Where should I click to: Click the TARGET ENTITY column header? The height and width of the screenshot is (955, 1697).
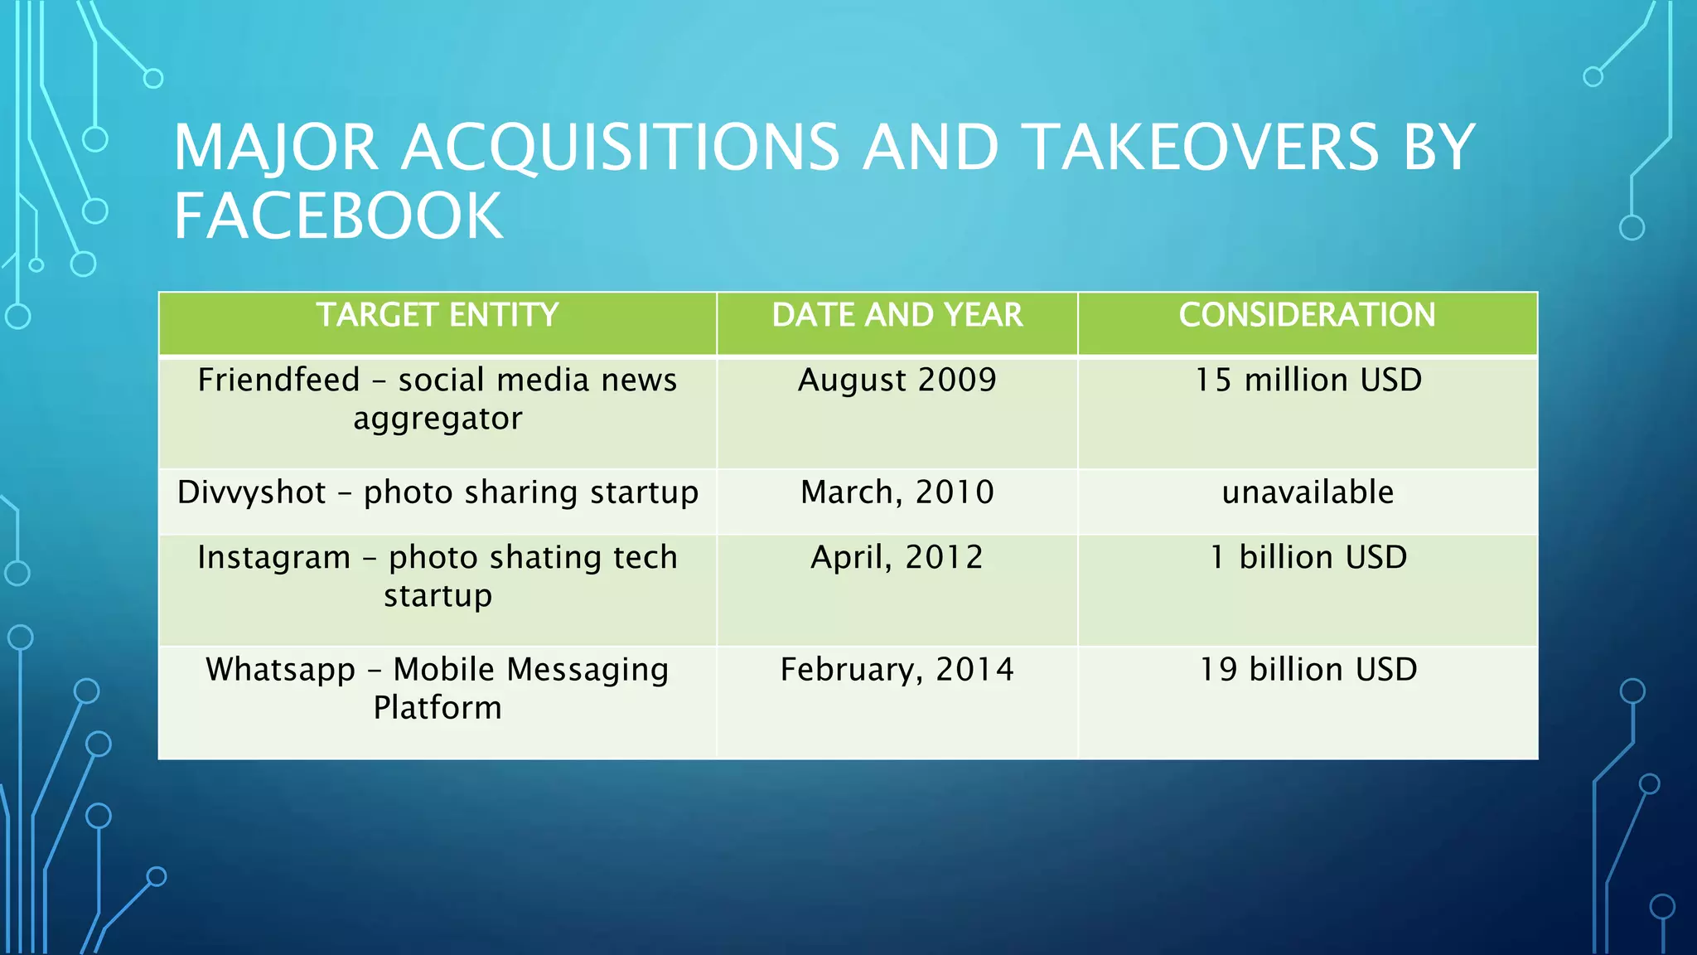[438, 316]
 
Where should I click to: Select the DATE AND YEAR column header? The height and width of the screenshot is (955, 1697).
[897, 316]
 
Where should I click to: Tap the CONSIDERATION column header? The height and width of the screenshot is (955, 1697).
[1307, 316]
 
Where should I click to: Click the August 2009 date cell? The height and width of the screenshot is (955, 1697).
[897, 381]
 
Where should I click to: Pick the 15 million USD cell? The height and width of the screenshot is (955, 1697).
[1308, 381]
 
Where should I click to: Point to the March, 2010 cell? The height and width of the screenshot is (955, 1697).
[897, 492]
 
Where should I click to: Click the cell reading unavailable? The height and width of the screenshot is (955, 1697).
[1308, 492]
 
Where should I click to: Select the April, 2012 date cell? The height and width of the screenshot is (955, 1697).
[897, 557]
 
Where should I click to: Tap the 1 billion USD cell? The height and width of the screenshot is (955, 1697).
[1308, 557]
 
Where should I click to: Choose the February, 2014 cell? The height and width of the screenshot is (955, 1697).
[897, 670]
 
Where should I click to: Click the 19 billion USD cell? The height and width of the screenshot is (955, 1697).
[1308, 670]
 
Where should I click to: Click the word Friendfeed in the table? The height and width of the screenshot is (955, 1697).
[278, 381]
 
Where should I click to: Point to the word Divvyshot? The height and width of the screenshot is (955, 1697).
[251, 492]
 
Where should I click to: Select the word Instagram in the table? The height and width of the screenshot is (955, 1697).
[273, 558]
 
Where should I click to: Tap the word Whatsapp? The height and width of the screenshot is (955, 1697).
[280, 670]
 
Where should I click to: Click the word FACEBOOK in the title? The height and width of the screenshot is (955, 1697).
[338, 216]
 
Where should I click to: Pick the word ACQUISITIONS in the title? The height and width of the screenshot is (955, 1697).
[621, 148]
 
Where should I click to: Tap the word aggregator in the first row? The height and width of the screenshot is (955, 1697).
[438, 419]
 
